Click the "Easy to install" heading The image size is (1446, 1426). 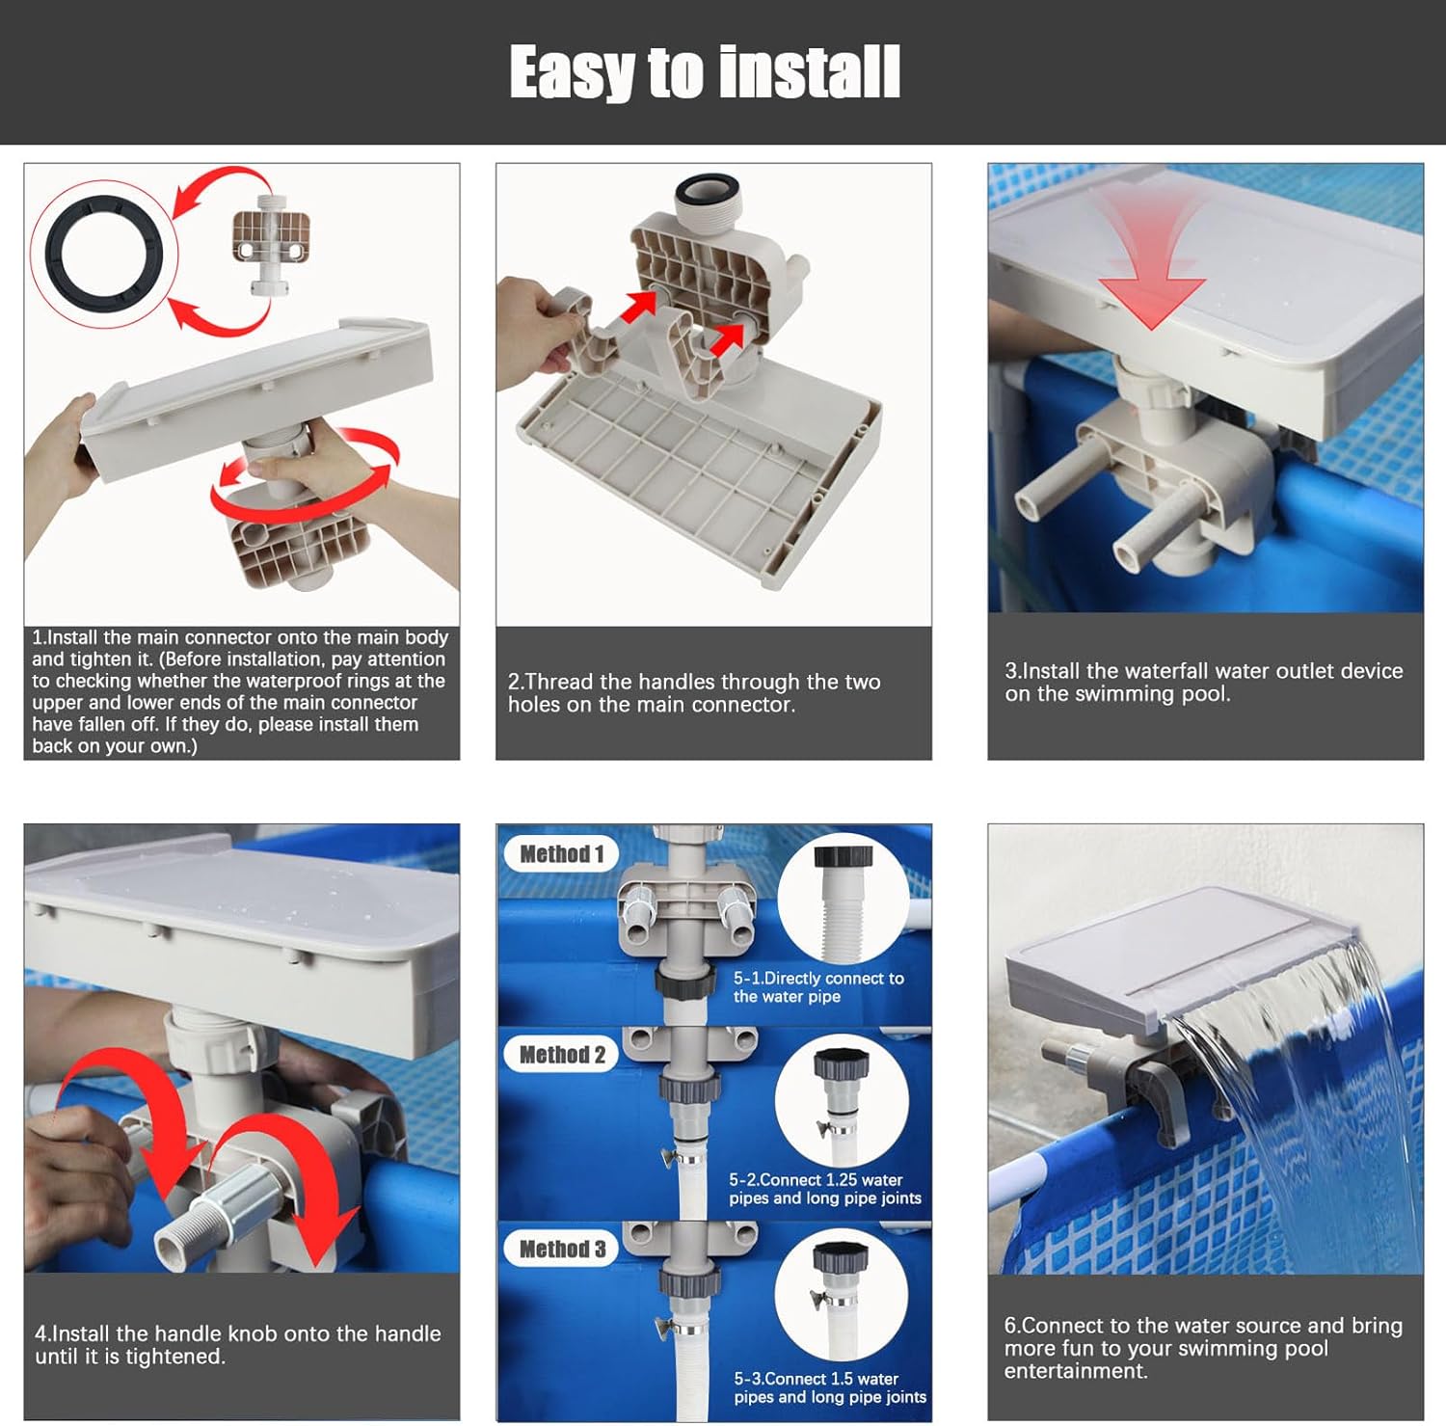click(x=705, y=72)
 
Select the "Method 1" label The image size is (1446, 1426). click(x=561, y=854)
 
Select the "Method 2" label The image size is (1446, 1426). click(x=562, y=1055)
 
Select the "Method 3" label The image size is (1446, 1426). click(x=562, y=1250)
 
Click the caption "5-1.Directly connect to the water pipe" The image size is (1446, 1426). click(x=818, y=987)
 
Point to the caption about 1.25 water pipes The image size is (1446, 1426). click(x=825, y=1189)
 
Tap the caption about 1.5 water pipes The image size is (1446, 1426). click(x=829, y=1387)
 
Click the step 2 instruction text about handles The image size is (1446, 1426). click(x=694, y=693)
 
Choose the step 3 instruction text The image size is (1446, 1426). click(x=1203, y=682)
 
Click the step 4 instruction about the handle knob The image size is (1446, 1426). click(x=237, y=1345)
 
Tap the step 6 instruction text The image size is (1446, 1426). click(x=1202, y=1348)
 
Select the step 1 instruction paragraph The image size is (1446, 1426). click(x=240, y=691)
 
